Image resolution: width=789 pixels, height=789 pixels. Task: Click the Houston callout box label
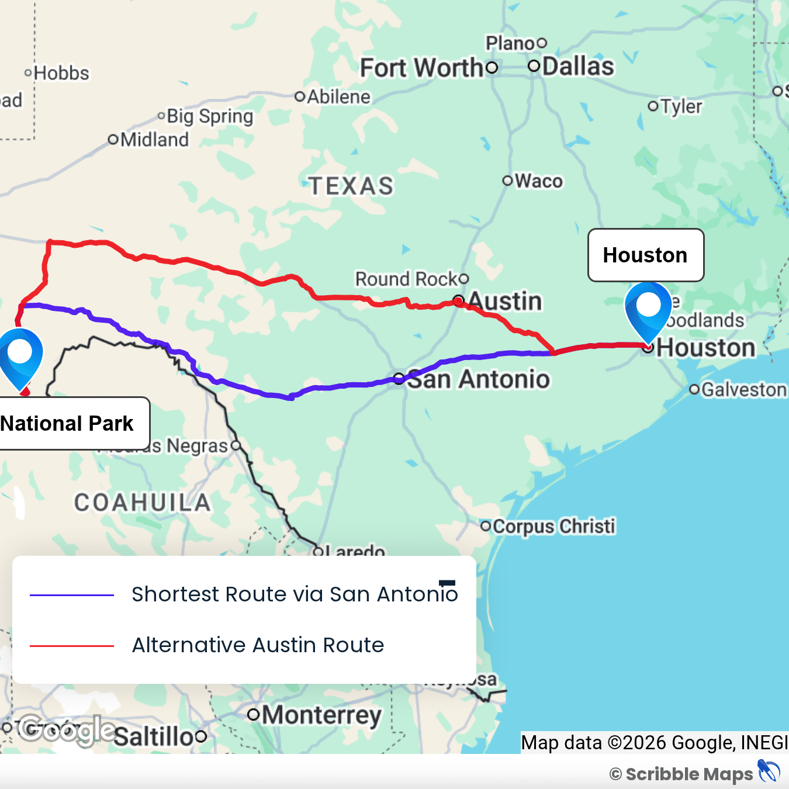[645, 255]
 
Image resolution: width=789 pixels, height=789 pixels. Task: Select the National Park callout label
[67, 423]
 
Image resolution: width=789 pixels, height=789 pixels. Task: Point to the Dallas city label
[577, 67]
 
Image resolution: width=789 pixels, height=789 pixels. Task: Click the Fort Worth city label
[421, 68]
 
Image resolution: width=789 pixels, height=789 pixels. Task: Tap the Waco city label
[538, 181]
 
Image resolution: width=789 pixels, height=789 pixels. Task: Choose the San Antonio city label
[478, 379]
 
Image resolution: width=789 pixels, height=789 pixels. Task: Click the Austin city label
[505, 302]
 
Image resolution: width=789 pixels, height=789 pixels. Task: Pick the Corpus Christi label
[553, 526]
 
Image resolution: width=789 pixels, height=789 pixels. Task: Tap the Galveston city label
[743, 389]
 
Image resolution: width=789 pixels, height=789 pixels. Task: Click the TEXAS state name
[351, 186]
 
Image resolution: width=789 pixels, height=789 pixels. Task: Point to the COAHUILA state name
[142, 503]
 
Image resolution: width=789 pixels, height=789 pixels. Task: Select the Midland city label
[154, 140]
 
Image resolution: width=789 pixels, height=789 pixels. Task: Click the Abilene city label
[338, 97]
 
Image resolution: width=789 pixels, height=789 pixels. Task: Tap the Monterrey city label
[321, 715]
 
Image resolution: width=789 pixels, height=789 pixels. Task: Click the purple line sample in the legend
[71, 595]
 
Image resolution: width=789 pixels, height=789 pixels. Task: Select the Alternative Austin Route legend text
[258, 645]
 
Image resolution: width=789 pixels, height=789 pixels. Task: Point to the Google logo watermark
[66, 730]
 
